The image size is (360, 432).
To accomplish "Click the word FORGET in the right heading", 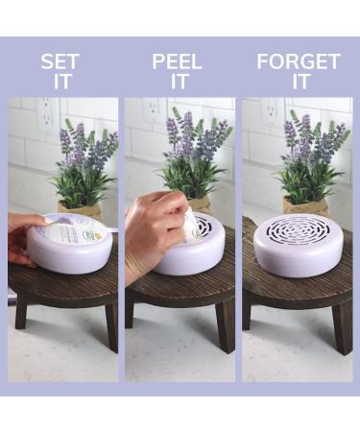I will [x=298, y=62].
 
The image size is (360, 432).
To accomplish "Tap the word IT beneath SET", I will [x=61, y=82].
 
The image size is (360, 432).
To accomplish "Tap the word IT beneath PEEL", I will [x=179, y=82].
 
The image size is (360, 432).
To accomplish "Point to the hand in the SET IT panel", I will [x=23, y=240].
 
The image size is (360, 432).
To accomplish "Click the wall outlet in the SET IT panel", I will [x=45, y=114].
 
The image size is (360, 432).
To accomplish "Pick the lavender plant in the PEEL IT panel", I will [x=197, y=154].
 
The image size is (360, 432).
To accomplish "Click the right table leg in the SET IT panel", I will [x=109, y=326].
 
